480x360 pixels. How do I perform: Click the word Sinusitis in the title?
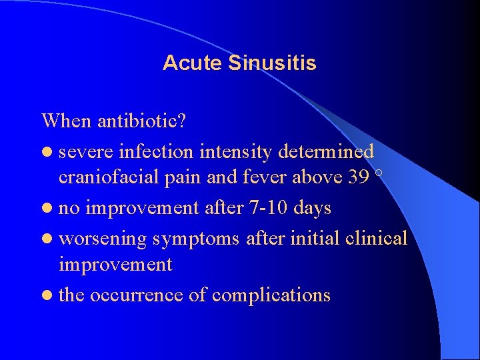pyautogui.click(x=272, y=63)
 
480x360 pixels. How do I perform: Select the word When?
pyautogui.click(x=67, y=121)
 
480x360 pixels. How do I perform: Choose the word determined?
pyautogui.click(x=325, y=152)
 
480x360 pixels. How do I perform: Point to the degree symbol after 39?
pyautogui.click(x=379, y=173)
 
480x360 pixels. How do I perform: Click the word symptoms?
pyautogui.click(x=197, y=239)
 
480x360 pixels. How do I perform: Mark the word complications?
pyautogui.click(x=273, y=295)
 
